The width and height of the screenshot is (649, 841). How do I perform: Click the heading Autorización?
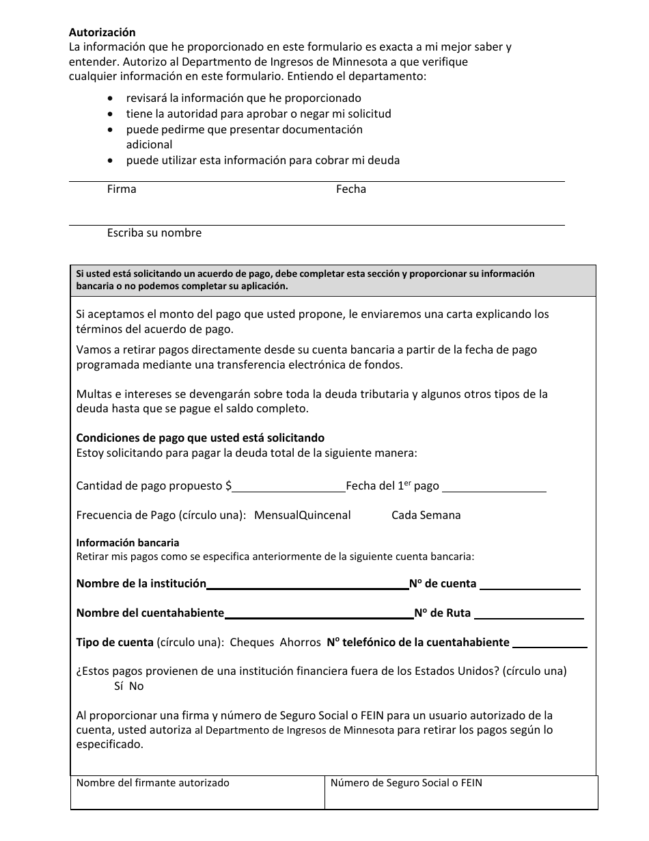[102, 32]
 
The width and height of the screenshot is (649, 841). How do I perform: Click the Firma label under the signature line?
[122, 189]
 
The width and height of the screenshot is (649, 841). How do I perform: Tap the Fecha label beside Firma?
[350, 189]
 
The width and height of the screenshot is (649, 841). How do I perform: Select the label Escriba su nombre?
[154, 233]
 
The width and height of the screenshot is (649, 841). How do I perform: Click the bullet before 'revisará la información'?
[111, 98]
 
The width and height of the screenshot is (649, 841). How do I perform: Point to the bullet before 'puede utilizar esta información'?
[111, 161]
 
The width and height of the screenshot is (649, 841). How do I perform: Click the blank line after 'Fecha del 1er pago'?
[494, 487]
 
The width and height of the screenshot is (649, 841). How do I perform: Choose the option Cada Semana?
[426, 516]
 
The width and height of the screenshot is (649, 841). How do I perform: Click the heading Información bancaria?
[127, 543]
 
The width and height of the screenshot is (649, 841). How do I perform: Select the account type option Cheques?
[251, 643]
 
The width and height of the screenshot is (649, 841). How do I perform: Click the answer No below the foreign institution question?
[136, 686]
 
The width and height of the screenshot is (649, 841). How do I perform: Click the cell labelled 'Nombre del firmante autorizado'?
[197, 792]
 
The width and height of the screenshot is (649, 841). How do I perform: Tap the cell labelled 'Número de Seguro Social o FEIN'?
[461, 792]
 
